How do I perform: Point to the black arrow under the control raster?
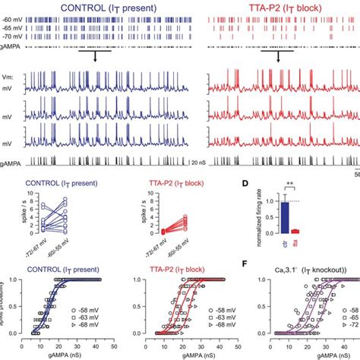point(92,58)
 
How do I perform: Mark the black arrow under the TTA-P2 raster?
point(277,58)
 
